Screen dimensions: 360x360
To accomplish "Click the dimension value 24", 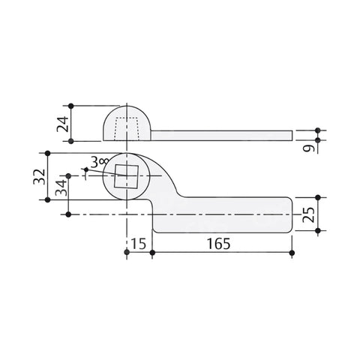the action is (x=62, y=124).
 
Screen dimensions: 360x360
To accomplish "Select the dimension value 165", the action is (x=219, y=244).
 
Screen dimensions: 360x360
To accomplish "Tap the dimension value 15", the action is (x=139, y=244).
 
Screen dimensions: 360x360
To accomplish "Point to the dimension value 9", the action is (x=308, y=148).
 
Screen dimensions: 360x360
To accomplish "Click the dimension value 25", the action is (x=308, y=214).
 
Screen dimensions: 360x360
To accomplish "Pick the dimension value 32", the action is (x=39, y=177).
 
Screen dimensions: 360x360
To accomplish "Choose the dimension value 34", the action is (x=61, y=187).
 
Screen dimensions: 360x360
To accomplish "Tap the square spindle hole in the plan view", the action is (x=126, y=176).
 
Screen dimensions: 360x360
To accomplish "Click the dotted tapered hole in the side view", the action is (x=127, y=129).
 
